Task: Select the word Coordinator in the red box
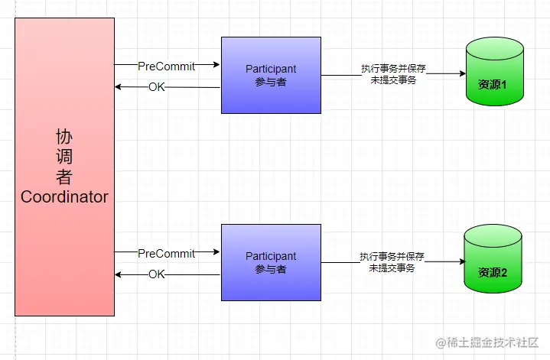[x=64, y=197]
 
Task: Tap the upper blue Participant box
[x=271, y=75]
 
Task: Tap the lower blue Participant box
[x=271, y=262]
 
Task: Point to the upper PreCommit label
[x=167, y=66]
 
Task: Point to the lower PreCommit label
[x=167, y=253]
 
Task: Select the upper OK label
[x=157, y=87]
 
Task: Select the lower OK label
[x=157, y=274]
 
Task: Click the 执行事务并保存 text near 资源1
[x=393, y=69]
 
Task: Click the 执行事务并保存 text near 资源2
[x=392, y=256]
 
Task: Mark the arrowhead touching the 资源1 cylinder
[x=462, y=74]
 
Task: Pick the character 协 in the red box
[x=64, y=138]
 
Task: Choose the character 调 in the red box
[x=64, y=157]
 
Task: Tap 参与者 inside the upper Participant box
[x=271, y=82]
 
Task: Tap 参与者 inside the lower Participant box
[x=271, y=269]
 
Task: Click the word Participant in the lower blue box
[x=271, y=256]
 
